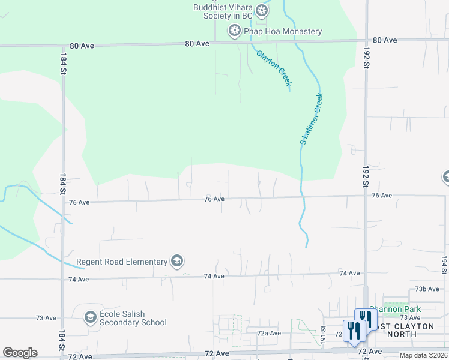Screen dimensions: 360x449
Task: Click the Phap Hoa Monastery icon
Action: click(x=234, y=31)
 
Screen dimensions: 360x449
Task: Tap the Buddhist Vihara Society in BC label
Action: click(x=221, y=11)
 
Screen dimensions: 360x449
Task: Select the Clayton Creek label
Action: click(x=274, y=68)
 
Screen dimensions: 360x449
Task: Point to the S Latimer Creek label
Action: click(x=312, y=118)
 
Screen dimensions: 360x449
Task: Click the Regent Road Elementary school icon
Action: click(x=176, y=261)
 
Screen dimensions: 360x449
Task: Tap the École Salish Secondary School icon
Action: click(x=91, y=317)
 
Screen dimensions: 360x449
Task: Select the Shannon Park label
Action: click(x=395, y=309)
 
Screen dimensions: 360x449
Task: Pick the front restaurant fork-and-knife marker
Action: click(x=354, y=331)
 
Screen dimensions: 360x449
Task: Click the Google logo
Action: click(x=20, y=353)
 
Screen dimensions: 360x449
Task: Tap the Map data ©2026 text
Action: click(x=424, y=355)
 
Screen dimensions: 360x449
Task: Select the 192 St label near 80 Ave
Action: click(x=365, y=60)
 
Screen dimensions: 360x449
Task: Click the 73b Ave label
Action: click(x=428, y=289)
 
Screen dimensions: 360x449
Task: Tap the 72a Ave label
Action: click(x=269, y=332)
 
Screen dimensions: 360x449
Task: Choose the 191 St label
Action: click(x=322, y=331)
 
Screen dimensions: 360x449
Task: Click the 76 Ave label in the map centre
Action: click(x=214, y=199)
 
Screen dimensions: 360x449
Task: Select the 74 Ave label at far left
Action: click(x=79, y=280)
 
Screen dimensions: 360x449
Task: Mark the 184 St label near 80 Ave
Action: click(x=62, y=63)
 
